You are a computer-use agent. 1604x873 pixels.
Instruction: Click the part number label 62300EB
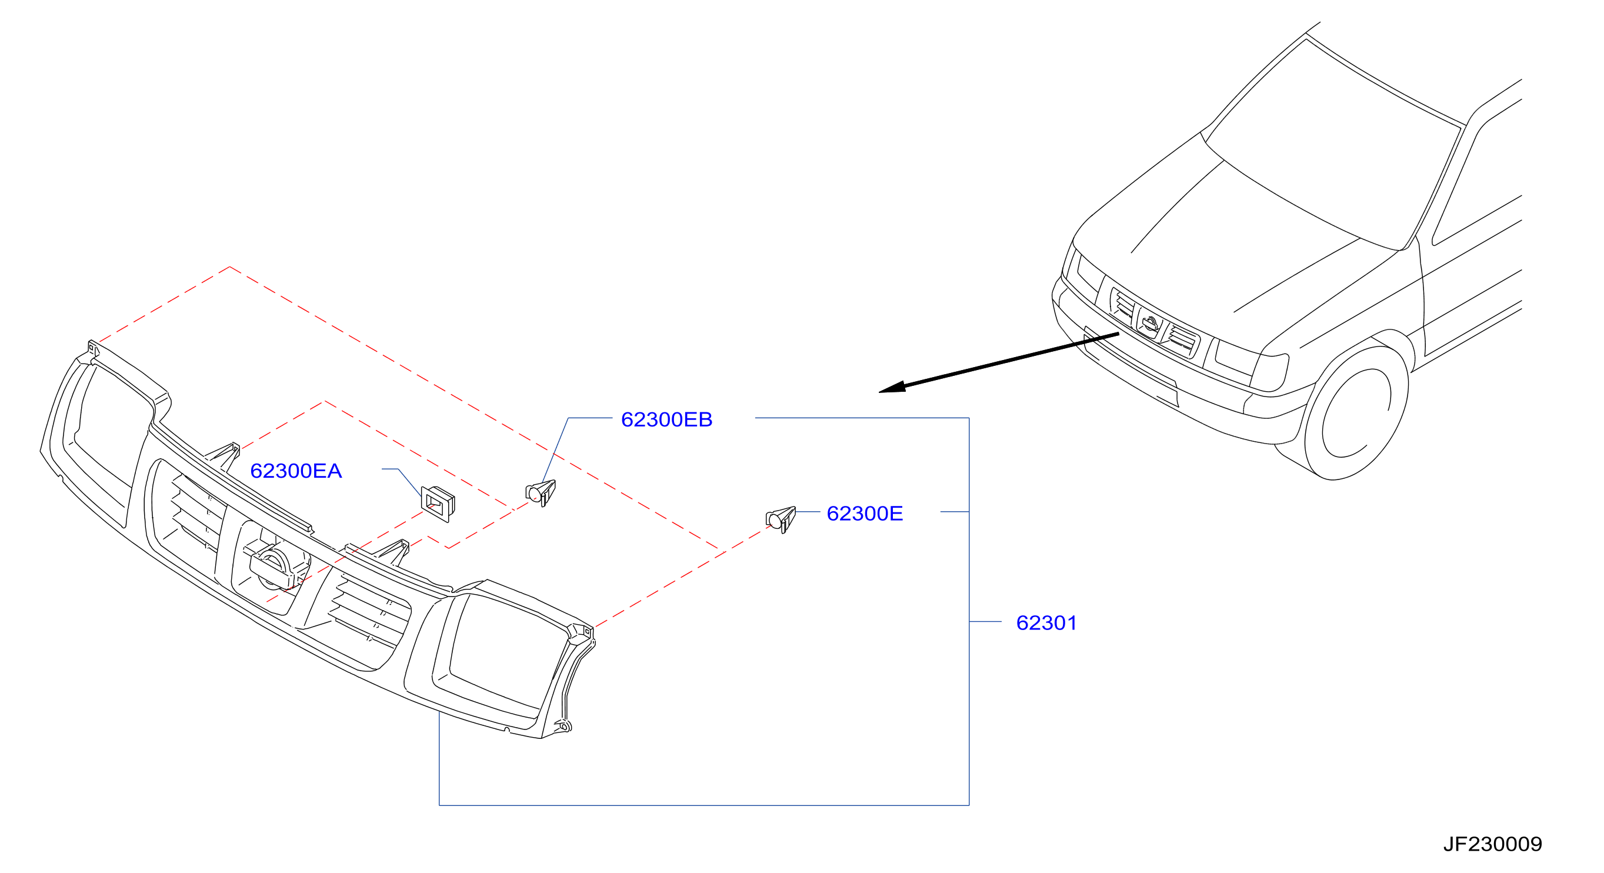tap(666, 419)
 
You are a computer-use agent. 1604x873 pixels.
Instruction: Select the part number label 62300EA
tap(296, 471)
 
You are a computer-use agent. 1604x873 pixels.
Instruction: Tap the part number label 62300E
tap(864, 513)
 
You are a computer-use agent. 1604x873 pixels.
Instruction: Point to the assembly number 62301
tap(1046, 622)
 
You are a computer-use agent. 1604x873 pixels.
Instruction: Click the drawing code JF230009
tap(1493, 844)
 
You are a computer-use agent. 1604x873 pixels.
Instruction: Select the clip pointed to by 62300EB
tap(541, 493)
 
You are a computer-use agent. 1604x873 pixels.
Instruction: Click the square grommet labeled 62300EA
tap(438, 503)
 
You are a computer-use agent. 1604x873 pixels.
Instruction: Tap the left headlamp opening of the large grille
tap(109, 436)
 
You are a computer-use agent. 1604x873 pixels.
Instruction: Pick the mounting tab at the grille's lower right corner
tap(563, 725)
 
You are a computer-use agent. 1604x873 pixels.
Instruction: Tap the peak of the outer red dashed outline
tap(230, 266)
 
